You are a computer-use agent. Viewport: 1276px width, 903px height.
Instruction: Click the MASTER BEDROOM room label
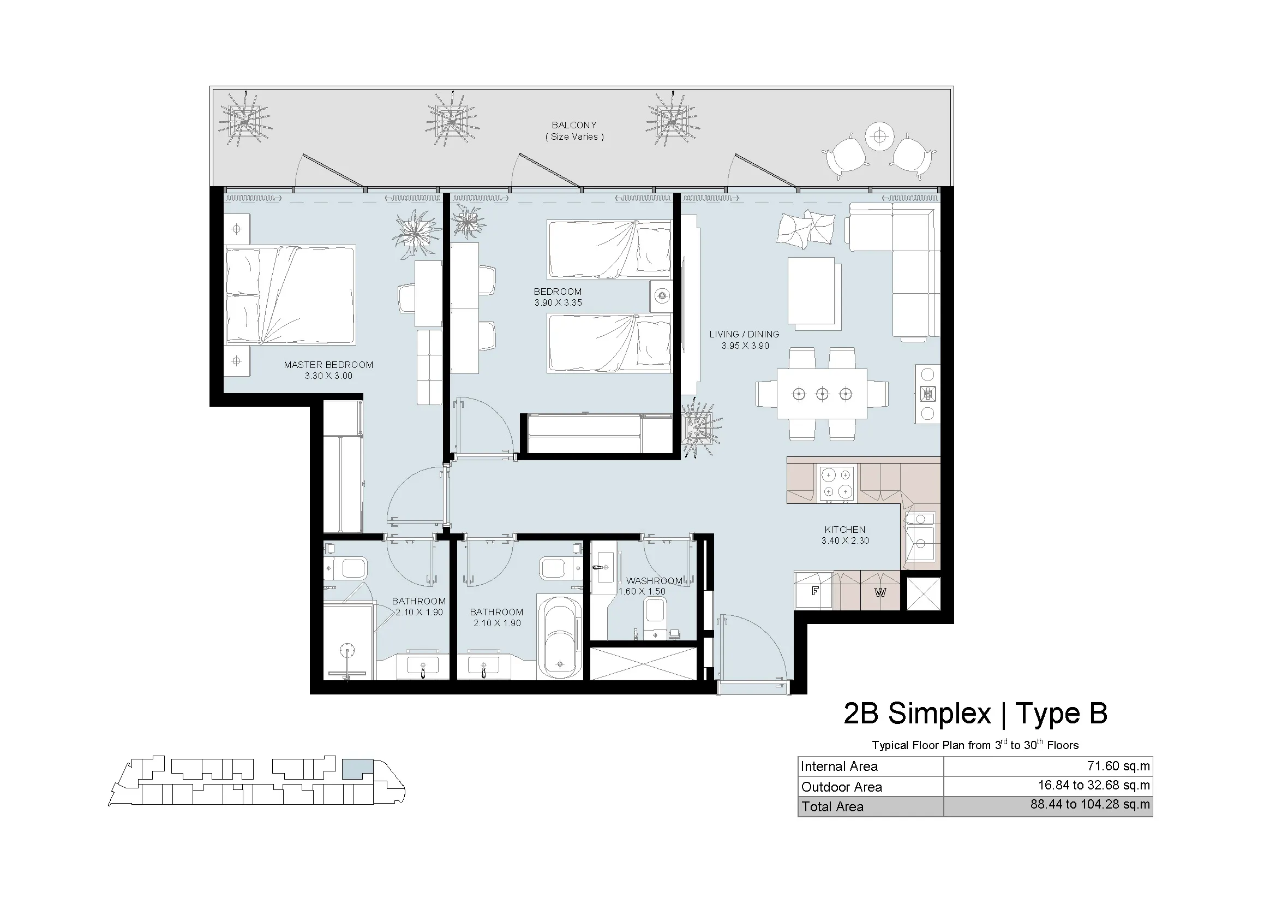[x=328, y=365]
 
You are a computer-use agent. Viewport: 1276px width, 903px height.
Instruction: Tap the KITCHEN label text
[x=844, y=530]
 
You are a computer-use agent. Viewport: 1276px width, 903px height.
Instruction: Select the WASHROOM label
[x=654, y=580]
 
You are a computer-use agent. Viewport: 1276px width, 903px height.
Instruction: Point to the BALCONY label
[x=574, y=125]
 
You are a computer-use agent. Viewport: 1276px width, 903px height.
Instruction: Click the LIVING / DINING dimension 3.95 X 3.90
[x=745, y=346]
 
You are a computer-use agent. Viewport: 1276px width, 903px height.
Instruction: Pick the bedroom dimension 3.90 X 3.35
[x=558, y=302]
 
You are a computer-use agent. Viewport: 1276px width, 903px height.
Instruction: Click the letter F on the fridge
[x=814, y=591]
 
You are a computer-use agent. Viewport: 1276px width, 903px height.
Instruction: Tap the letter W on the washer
[x=880, y=592]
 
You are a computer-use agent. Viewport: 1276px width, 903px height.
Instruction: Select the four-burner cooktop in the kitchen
[x=837, y=483]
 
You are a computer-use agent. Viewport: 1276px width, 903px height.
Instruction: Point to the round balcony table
[x=879, y=136]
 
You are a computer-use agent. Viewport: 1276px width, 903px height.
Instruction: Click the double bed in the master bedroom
[x=290, y=295]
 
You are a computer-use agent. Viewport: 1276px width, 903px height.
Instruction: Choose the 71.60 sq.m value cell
[x=1118, y=765]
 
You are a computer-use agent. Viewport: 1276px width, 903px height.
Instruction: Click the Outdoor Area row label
[x=841, y=787]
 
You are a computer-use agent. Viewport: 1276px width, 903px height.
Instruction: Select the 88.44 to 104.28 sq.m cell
[x=1090, y=805]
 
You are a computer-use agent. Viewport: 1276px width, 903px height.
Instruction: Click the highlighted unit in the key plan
[x=357, y=768]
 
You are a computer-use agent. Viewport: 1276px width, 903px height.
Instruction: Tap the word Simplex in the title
[x=940, y=714]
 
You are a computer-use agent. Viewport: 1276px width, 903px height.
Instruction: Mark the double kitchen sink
[x=920, y=537]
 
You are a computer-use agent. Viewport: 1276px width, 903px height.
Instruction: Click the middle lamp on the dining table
[x=822, y=394]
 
